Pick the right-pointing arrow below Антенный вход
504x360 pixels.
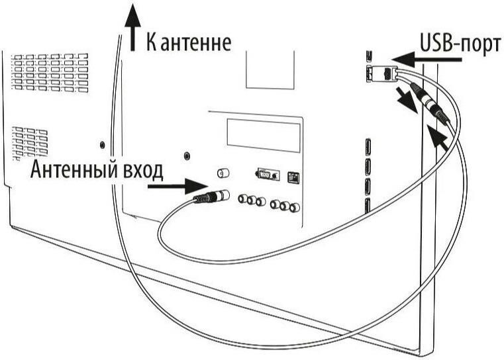[168, 187]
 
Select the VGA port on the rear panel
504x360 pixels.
[265, 175]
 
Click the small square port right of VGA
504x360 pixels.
[292, 177]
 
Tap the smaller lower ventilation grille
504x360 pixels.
[30, 141]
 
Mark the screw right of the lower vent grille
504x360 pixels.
[101, 144]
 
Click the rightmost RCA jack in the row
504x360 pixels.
[295, 206]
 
